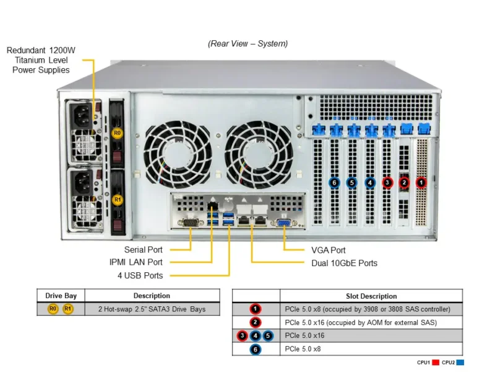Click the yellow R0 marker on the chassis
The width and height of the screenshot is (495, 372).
pyautogui.click(x=117, y=133)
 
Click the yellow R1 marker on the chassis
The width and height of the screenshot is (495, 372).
pyautogui.click(x=117, y=200)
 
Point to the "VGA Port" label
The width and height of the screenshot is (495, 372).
pyautogui.click(x=328, y=250)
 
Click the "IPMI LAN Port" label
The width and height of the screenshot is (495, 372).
pyautogui.click(x=136, y=262)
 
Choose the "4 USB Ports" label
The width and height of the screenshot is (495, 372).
pyautogui.click(x=140, y=275)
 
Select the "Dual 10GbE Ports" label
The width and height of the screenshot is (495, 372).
pyautogui.click(x=344, y=263)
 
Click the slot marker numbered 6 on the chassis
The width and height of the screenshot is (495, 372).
pyautogui.click(x=335, y=182)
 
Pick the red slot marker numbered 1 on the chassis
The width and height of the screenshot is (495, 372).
pyautogui.click(x=421, y=182)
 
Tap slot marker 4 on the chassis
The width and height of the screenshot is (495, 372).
pyautogui.click(x=369, y=182)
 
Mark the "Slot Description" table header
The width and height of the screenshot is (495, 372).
pyautogui.click(x=371, y=296)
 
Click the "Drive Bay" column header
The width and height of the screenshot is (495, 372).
pyautogui.click(x=61, y=296)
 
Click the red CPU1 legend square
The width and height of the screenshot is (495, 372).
pyautogui.click(x=436, y=363)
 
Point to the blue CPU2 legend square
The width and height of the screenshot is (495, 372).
pyautogui.click(x=460, y=363)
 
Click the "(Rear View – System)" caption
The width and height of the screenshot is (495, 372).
pyautogui.click(x=247, y=43)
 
